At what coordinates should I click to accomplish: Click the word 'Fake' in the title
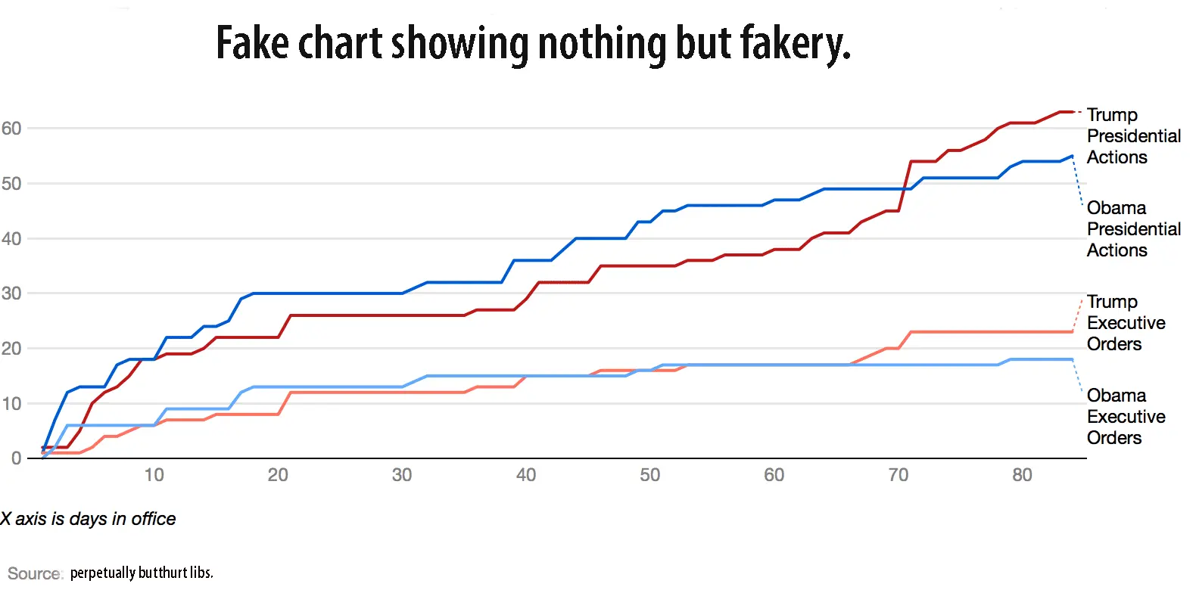pyautogui.click(x=253, y=43)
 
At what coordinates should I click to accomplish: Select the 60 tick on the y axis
pyautogui.click(x=11, y=128)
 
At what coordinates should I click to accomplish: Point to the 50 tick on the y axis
pyautogui.click(x=11, y=183)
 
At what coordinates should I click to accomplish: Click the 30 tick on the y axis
pyautogui.click(x=11, y=293)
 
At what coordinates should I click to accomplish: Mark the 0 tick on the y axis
pyautogui.click(x=16, y=458)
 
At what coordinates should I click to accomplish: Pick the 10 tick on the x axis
pyautogui.click(x=154, y=475)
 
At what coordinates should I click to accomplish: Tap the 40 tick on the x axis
pyautogui.click(x=526, y=475)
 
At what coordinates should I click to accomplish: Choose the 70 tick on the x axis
pyautogui.click(x=898, y=475)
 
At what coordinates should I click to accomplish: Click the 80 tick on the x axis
pyautogui.click(x=1022, y=475)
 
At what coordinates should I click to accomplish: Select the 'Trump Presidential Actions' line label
pyautogui.click(x=1133, y=136)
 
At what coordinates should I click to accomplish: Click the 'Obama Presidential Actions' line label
pyautogui.click(x=1133, y=229)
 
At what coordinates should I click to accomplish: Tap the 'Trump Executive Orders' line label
pyautogui.click(x=1126, y=323)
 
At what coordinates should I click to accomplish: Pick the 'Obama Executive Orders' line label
pyautogui.click(x=1126, y=417)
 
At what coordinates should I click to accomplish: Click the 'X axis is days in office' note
pyautogui.click(x=88, y=519)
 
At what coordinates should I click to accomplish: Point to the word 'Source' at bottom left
pyautogui.click(x=34, y=573)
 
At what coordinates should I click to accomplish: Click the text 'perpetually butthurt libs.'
pyautogui.click(x=142, y=573)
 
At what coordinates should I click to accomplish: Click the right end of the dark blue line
pyautogui.click(x=1072, y=157)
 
